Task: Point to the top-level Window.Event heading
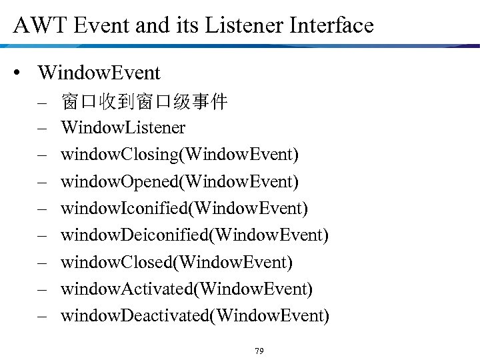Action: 99,72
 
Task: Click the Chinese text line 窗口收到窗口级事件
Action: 144,102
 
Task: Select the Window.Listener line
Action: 123,127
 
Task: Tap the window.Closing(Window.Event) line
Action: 179,155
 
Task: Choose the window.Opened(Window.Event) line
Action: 179,181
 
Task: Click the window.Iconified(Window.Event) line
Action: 184,209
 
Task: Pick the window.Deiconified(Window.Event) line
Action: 195,235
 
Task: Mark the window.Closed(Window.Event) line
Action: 176,262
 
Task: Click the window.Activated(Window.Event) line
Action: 187,289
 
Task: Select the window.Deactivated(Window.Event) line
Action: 195,315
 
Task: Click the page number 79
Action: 259,351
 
